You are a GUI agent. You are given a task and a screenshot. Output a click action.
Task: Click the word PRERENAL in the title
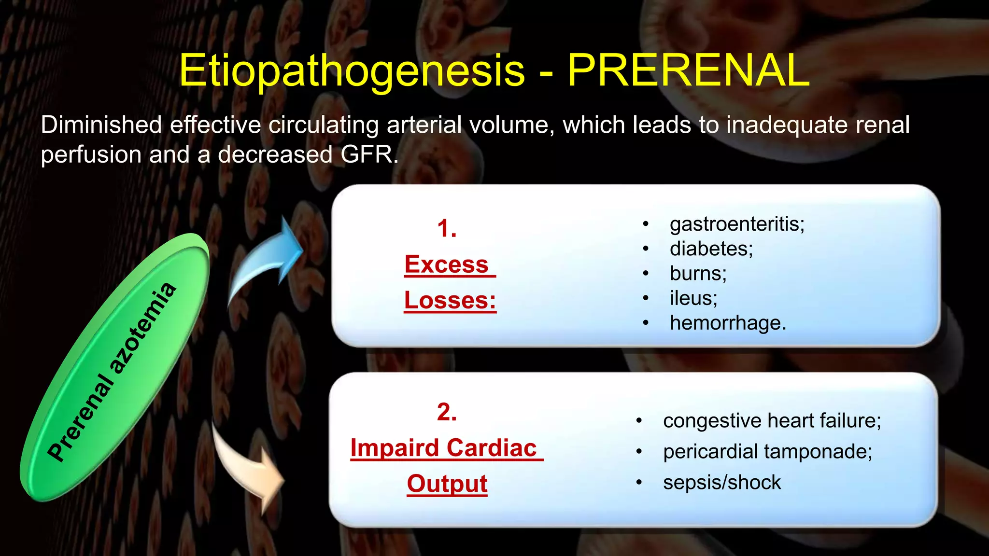(x=688, y=70)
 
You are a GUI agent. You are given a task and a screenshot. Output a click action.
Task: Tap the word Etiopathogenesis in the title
(x=352, y=71)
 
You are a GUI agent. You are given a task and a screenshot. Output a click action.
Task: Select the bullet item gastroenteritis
(x=736, y=224)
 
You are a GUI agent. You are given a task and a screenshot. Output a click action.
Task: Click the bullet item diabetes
(x=711, y=249)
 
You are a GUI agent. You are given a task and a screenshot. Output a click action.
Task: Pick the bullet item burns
(x=698, y=274)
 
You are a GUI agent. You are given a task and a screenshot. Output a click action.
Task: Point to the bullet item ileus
(x=693, y=298)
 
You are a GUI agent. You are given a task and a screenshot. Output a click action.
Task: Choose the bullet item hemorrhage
(x=728, y=323)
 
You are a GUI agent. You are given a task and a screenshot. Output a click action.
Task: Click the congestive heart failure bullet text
(x=772, y=421)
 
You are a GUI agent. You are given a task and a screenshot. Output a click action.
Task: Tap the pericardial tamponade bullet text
(x=767, y=452)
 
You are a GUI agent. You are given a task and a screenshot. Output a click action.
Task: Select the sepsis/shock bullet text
(x=721, y=483)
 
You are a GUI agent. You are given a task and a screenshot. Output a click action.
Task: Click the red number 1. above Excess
(x=447, y=228)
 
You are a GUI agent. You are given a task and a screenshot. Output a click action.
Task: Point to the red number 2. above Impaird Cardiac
(x=447, y=412)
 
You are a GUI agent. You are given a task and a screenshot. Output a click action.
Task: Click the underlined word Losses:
(x=450, y=300)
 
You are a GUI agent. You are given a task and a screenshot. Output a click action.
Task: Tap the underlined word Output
(x=447, y=484)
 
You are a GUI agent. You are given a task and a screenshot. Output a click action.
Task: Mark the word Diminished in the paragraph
(x=101, y=125)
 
